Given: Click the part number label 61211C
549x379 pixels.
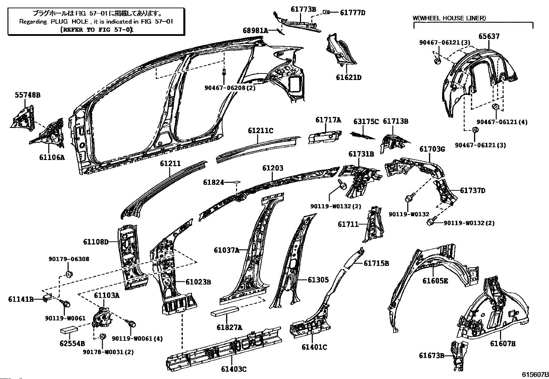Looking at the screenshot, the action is (260, 131).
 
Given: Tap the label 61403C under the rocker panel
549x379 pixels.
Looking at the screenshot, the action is (233, 369).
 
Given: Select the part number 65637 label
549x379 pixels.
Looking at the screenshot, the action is (489, 36).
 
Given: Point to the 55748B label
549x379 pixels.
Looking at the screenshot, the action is (28, 95).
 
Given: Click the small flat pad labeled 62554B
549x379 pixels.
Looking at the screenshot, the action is (69, 329).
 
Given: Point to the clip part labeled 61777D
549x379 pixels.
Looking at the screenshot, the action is (326, 12).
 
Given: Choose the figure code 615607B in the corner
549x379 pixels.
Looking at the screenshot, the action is (535, 375).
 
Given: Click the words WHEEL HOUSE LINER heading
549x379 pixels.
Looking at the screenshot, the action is (452, 18).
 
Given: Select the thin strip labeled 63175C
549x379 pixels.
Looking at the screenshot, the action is (362, 136).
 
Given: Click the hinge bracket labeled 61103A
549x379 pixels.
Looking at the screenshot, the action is (102, 318).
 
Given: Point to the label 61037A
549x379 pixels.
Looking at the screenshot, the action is (227, 250).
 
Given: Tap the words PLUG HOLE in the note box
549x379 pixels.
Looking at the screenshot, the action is (69, 22).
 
